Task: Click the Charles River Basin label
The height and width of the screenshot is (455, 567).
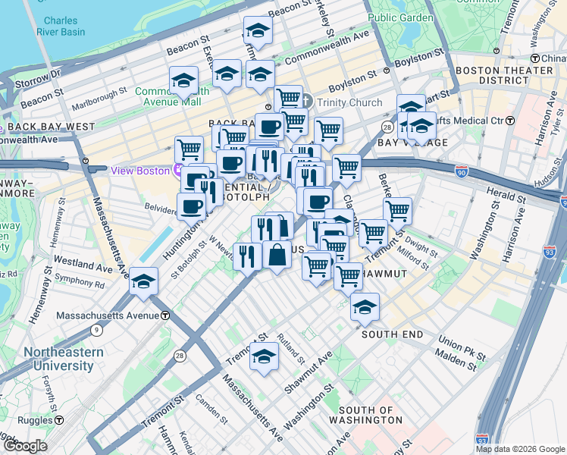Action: [x=60, y=27]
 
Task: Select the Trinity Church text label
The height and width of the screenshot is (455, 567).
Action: [x=349, y=102]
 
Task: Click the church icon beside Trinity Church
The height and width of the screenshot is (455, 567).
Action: [x=306, y=102]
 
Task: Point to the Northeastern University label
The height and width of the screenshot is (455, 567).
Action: [x=58, y=359]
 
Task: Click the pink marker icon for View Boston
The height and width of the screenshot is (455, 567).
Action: [x=180, y=170]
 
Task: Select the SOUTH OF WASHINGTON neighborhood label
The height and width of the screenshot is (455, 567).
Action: [x=365, y=415]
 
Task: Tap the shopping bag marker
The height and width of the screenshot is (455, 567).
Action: [x=277, y=254]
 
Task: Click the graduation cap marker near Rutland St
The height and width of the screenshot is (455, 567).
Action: [x=264, y=356]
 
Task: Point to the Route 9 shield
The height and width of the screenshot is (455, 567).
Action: [x=96, y=330]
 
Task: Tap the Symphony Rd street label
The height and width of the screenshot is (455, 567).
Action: [x=79, y=283]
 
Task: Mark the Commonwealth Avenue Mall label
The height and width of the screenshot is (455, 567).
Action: [x=168, y=96]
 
